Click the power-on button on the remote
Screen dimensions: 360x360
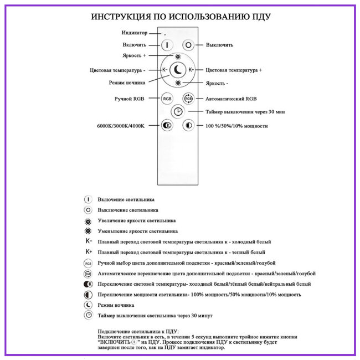tap(168, 45)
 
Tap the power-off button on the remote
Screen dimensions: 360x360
tap(188, 45)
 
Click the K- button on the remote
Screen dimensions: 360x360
tap(164, 70)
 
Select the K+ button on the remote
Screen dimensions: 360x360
tap(191, 70)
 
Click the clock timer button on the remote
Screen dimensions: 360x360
tap(177, 111)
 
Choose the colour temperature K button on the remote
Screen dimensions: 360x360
tap(167, 126)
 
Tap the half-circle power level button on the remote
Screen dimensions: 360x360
tap(188, 126)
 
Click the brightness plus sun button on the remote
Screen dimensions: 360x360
tap(177, 57)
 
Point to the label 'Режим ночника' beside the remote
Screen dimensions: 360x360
tap(127, 83)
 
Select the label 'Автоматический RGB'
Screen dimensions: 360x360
tap(232, 99)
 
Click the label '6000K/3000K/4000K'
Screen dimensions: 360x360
tap(120, 126)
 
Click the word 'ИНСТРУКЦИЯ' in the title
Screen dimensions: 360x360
tap(121, 17)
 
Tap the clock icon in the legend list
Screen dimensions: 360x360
tap(88, 315)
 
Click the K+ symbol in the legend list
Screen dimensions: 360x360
tap(88, 251)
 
